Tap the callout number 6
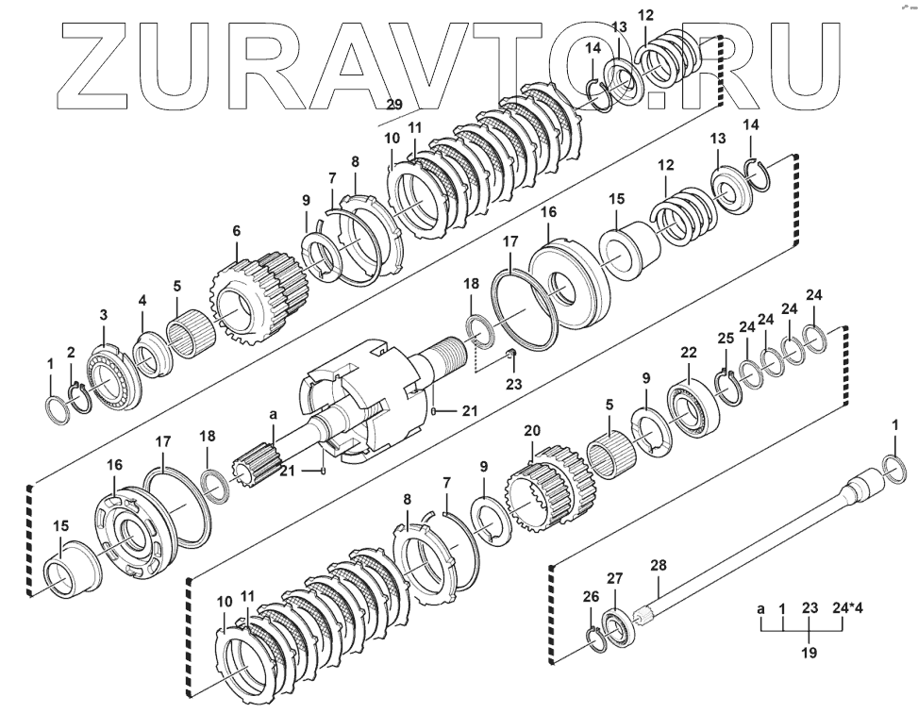point(236,231)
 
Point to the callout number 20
point(532,431)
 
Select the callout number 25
point(725,339)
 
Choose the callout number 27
point(614,578)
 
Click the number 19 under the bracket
point(810,652)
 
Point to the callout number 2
point(71,352)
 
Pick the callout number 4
point(142,301)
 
